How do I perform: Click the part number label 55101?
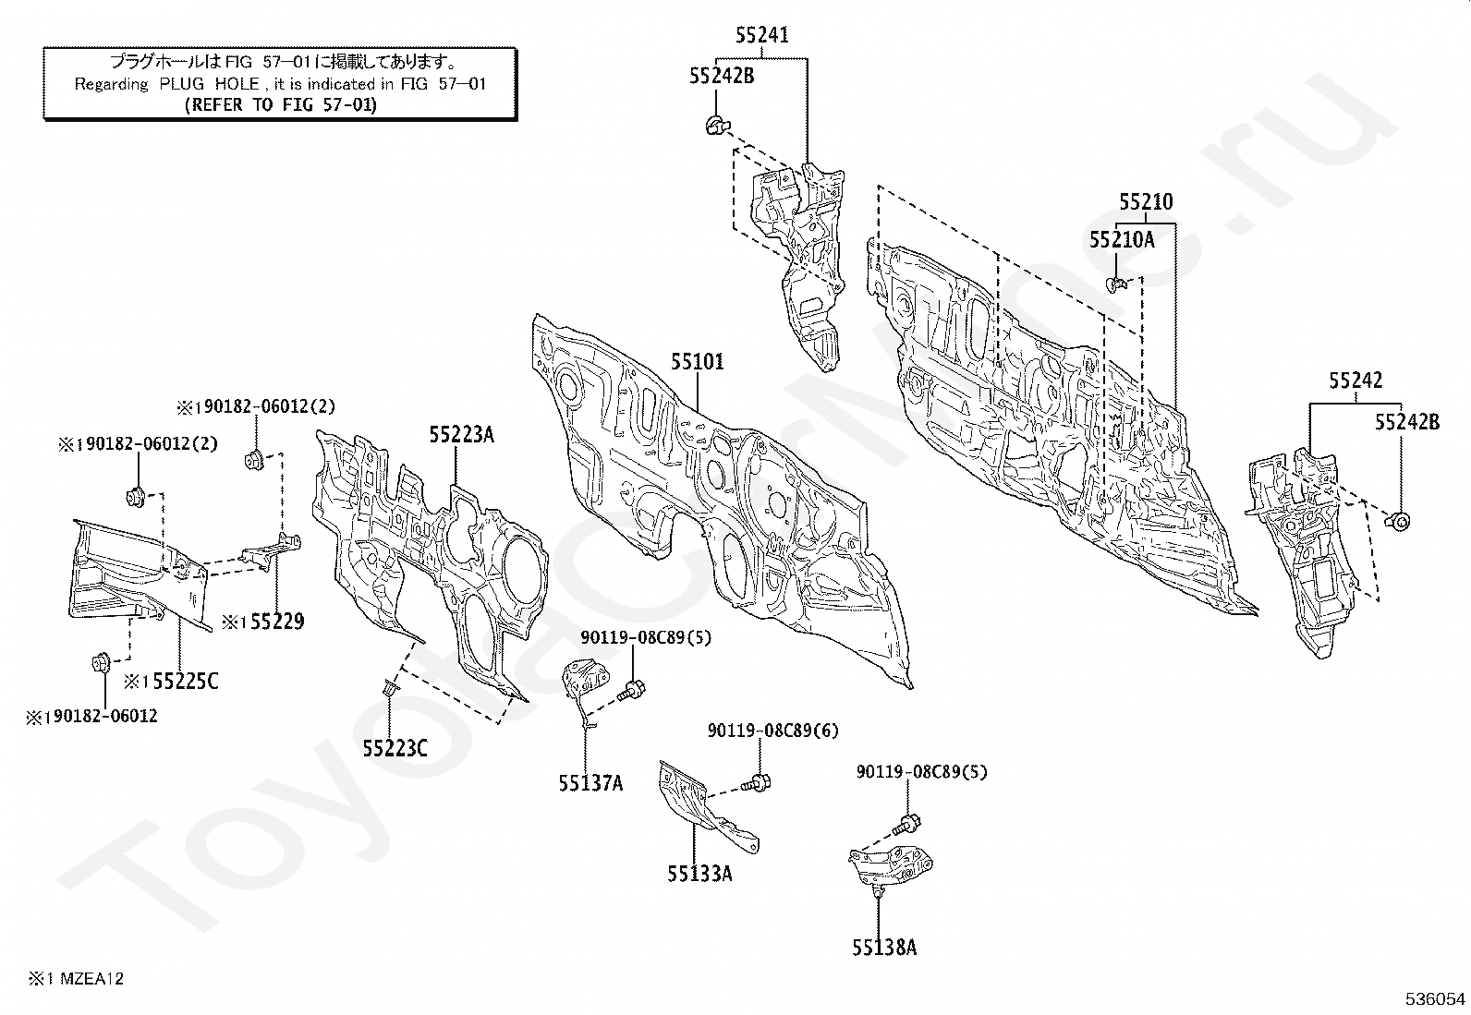(697, 362)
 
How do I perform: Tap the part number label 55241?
(761, 35)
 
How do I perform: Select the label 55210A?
(1122, 239)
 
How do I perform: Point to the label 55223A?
(462, 435)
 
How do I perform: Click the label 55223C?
(395, 748)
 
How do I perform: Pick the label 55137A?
(591, 782)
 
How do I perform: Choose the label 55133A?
(699, 874)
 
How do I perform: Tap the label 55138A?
(884, 948)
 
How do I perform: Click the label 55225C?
(186, 682)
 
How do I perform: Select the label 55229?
(277, 621)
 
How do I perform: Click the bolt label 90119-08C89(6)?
(773, 730)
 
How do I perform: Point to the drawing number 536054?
(1435, 999)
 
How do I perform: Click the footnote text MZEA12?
(91, 979)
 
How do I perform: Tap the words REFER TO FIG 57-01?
(281, 105)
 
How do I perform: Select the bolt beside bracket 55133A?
(755, 782)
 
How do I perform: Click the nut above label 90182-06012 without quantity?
(101, 662)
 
